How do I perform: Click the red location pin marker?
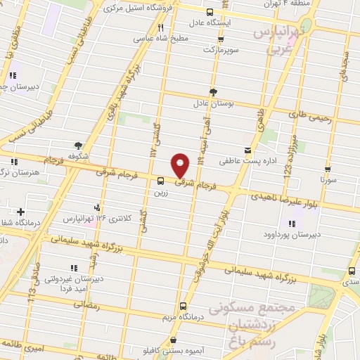tap(181, 165)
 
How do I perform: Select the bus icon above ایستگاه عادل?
tap(209, 11)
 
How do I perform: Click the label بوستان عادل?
tap(213, 103)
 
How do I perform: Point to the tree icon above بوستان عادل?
tap(213, 91)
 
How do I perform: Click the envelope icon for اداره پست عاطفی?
tap(247, 150)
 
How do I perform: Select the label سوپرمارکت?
tap(221, 50)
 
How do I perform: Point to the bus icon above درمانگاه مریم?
tap(183, 306)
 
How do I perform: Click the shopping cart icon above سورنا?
tap(329, 169)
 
